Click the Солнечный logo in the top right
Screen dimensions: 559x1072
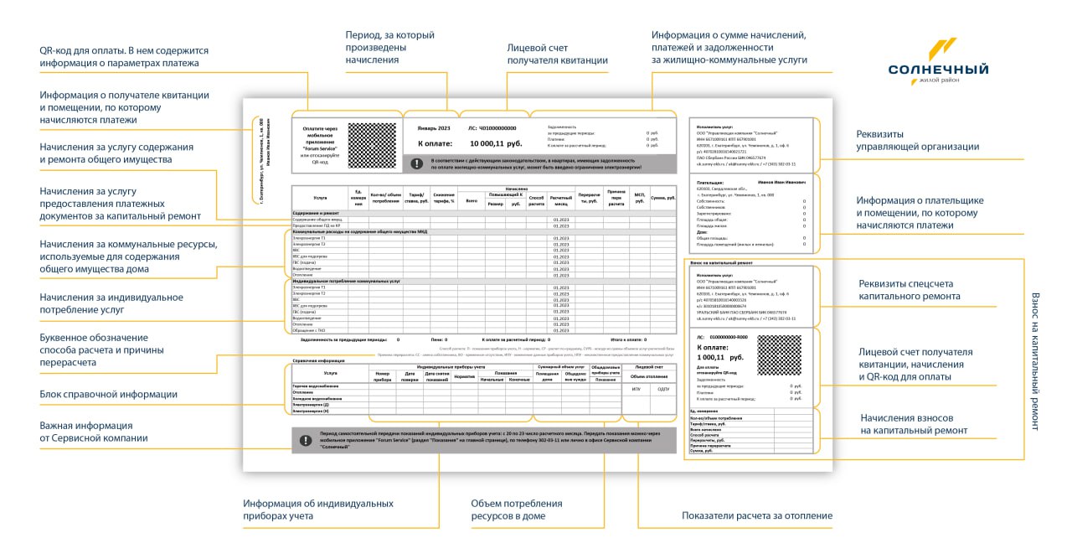point(938,62)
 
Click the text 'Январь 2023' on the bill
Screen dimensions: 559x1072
point(434,128)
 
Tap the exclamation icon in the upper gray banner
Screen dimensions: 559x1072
point(417,163)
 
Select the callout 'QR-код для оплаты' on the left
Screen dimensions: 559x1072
point(124,57)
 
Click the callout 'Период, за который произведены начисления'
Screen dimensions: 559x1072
point(390,48)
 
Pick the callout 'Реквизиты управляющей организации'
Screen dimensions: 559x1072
point(917,140)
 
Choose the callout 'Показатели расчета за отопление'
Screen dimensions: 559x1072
point(756,515)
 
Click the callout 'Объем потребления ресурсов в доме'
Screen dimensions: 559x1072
point(516,510)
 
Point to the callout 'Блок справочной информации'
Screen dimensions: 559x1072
point(109,395)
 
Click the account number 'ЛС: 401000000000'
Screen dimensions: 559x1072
point(492,128)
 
